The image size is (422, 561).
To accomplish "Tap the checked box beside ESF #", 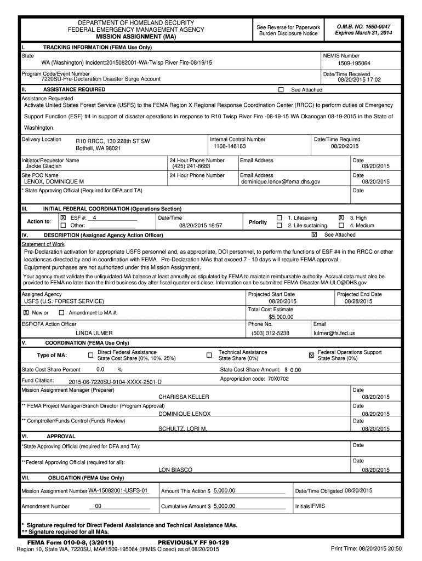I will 63,217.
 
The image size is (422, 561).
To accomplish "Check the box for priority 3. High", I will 341,217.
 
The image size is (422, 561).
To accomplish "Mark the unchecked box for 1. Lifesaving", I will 280,217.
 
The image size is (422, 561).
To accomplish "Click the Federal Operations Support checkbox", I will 312,355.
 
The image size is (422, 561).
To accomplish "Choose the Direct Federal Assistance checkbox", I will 90,355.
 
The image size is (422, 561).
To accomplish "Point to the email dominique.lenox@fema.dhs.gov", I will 281,181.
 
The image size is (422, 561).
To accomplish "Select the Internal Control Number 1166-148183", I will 230,146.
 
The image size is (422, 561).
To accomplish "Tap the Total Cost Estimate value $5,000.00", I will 281,317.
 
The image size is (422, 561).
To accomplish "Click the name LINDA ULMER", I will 94,333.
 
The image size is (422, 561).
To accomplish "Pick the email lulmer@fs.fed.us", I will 334,333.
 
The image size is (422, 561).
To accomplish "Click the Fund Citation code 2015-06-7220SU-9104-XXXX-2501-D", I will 115,381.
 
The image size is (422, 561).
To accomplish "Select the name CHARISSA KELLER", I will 184,397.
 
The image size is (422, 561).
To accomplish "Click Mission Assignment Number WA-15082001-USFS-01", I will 119,490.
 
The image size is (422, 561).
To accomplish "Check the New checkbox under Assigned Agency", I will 26,312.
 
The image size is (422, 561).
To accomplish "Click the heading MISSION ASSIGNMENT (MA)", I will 136,36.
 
